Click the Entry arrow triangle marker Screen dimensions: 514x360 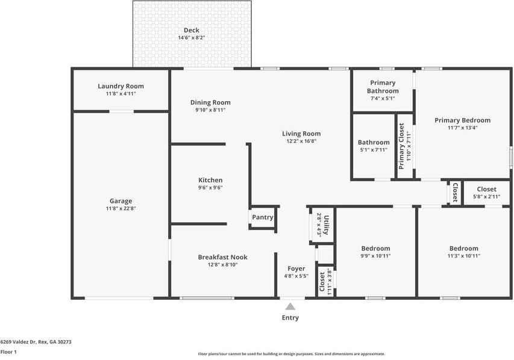point(290,306)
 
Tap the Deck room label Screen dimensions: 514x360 point(192,30)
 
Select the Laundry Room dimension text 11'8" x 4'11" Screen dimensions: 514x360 point(121,94)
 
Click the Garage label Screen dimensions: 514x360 point(121,201)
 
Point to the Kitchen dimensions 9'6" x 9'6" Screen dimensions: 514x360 point(210,188)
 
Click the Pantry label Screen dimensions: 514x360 point(263,217)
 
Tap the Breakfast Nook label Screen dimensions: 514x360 point(222,257)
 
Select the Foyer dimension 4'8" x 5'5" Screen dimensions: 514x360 point(296,276)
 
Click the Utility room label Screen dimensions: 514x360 point(326,225)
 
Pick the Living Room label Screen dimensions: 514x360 point(301,134)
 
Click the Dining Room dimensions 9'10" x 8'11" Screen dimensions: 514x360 point(210,110)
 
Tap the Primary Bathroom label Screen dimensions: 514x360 point(383,87)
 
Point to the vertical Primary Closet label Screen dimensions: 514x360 point(401,146)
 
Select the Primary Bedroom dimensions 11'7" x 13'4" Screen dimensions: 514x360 point(463,128)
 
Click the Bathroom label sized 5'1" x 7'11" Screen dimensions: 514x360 point(374,142)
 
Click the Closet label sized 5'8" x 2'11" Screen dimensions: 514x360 point(486,190)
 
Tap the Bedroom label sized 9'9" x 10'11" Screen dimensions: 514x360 point(375,248)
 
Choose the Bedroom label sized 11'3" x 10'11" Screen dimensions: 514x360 point(464,248)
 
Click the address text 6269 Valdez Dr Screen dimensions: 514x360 point(18,342)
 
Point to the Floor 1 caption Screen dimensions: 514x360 point(8,352)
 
